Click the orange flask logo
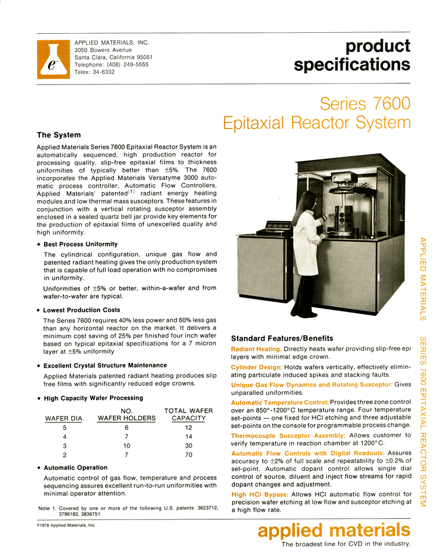[53, 58]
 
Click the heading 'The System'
[58, 135]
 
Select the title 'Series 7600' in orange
[365, 103]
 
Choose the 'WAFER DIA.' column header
[64, 418]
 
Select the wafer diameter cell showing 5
[64, 427]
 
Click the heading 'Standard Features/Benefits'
[282, 338]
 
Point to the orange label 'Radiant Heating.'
[256, 348]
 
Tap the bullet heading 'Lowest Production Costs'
[82, 310]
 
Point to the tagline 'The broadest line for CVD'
[345, 544]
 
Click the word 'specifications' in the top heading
[352, 65]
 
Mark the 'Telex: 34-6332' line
[94, 72]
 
